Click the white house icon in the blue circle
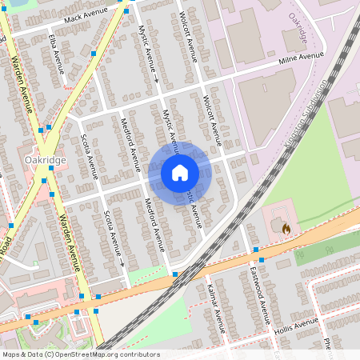point(179,172)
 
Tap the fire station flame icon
point(286,228)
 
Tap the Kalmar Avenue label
point(215,309)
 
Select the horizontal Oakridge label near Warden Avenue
point(45,159)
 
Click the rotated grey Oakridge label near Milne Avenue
point(299,26)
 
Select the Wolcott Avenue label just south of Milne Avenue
point(211,120)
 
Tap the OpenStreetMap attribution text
point(80,354)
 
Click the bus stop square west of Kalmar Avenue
point(175,274)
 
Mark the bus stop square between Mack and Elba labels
point(94,54)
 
